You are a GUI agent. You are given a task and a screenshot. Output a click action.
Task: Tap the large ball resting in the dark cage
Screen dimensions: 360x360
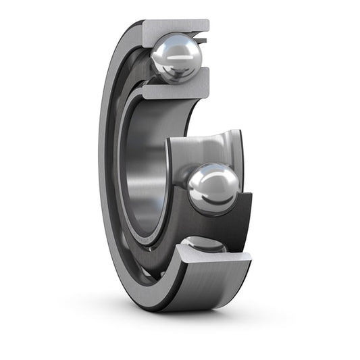(x=213, y=188)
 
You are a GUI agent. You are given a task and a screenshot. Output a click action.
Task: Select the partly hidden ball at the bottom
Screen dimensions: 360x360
(x=203, y=245)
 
